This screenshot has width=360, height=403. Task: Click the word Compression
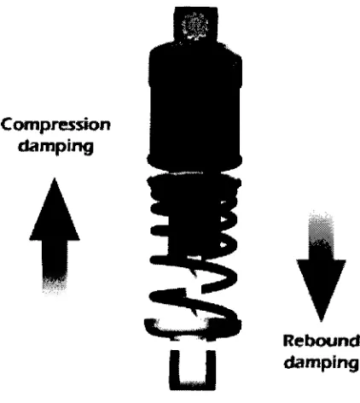pos(55,126)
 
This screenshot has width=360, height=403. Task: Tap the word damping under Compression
pos(56,147)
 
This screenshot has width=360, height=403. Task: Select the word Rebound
pos(322,341)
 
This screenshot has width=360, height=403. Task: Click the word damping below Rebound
pos(322,363)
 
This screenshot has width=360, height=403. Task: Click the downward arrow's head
pos(322,290)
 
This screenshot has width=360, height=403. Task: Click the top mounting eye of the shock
pos(195,25)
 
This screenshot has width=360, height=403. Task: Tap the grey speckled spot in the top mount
pos(195,25)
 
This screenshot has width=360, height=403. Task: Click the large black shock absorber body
pos(195,105)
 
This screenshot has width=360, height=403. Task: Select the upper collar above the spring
pos(195,162)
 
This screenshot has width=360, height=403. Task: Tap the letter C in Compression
pos(8,125)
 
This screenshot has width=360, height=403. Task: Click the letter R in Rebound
pos(288,341)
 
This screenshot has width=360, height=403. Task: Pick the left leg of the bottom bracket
pos(175,370)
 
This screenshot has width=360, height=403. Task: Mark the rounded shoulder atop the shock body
pos(195,51)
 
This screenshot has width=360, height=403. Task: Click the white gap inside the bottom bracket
pos(193,365)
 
